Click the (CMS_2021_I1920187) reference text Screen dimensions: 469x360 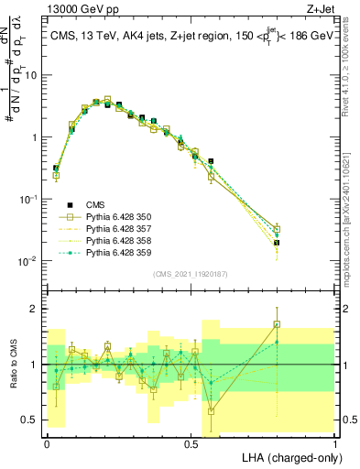(x=191, y=272)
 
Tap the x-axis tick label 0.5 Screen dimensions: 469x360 (x=191, y=442)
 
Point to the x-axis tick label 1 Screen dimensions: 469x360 (x=335, y=442)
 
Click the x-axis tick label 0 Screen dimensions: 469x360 (x=47, y=442)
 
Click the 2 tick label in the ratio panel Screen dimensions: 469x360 (x=37, y=309)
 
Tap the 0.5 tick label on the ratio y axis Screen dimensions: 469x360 (x=33, y=420)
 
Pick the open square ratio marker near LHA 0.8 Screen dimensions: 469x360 (x=277, y=324)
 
